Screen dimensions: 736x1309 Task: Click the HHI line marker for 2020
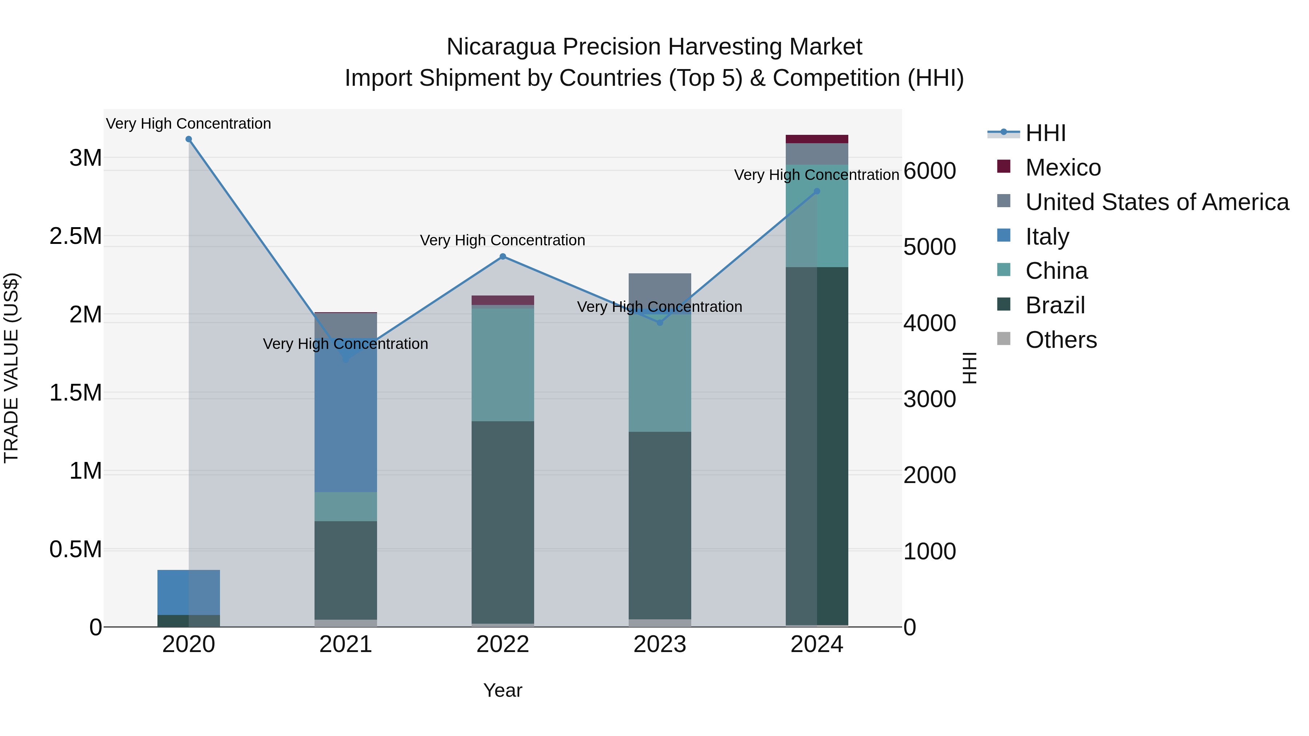pos(188,139)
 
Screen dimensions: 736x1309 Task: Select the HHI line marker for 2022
pos(503,257)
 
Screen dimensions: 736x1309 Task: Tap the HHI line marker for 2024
pos(817,192)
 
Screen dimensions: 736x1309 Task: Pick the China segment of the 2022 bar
pos(503,365)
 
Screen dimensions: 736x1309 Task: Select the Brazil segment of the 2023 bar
pos(660,525)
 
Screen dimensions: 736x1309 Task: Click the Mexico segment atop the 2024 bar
pos(817,139)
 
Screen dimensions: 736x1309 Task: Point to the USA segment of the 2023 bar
pos(660,290)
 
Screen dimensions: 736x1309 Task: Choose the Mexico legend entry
pos(1062,168)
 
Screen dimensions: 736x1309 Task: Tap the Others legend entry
pos(1061,340)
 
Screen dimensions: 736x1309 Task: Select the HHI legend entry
pos(1045,133)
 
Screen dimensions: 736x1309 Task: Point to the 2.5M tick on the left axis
pos(75,236)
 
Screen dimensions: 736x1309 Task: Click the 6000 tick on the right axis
pos(929,171)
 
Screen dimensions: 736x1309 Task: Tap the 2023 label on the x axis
pos(660,644)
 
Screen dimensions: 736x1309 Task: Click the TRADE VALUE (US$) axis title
pos(11,368)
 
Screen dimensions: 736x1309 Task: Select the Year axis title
pos(503,690)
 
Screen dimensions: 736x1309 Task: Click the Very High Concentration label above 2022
pos(503,240)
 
